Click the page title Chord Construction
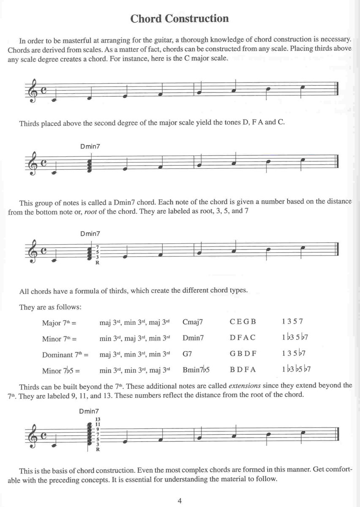click(180, 19)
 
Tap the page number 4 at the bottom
click(180, 501)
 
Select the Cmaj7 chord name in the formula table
click(193, 322)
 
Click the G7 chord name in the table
click(187, 354)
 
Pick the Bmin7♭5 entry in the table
click(196, 370)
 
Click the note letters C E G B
click(243, 322)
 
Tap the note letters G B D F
click(243, 354)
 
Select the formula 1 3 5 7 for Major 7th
click(292, 321)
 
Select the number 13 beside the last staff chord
click(98, 419)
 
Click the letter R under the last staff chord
click(98, 450)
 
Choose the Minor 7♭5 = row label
click(61, 371)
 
